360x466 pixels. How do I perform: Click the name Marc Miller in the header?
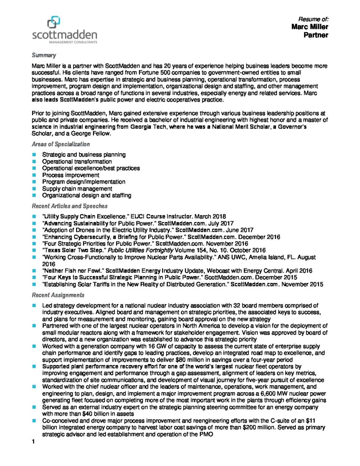(x=310, y=27)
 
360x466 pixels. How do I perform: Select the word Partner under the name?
(x=316, y=35)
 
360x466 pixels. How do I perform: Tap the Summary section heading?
(x=44, y=55)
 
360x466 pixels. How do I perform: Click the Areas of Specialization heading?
(x=61, y=144)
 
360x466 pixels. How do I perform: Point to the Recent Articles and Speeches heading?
(x=69, y=206)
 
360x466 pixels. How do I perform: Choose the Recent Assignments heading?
(x=58, y=295)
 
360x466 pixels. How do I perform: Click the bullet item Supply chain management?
(x=77, y=189)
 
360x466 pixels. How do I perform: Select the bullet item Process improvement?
(x=71, y=175)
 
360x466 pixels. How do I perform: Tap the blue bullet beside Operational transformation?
(x=34, y=161)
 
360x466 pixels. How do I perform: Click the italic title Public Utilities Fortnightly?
(x=140, y=250)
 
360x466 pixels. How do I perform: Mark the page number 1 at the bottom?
(x=33, y=442)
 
